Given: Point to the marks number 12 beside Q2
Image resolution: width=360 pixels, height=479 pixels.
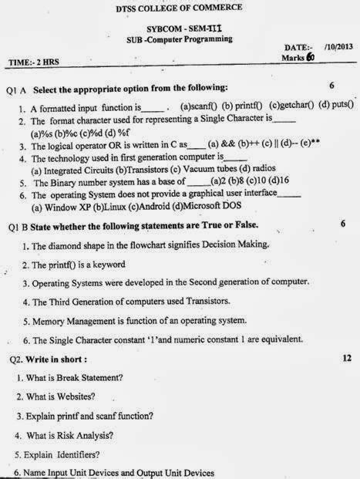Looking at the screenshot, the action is click(x=346, y=358).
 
